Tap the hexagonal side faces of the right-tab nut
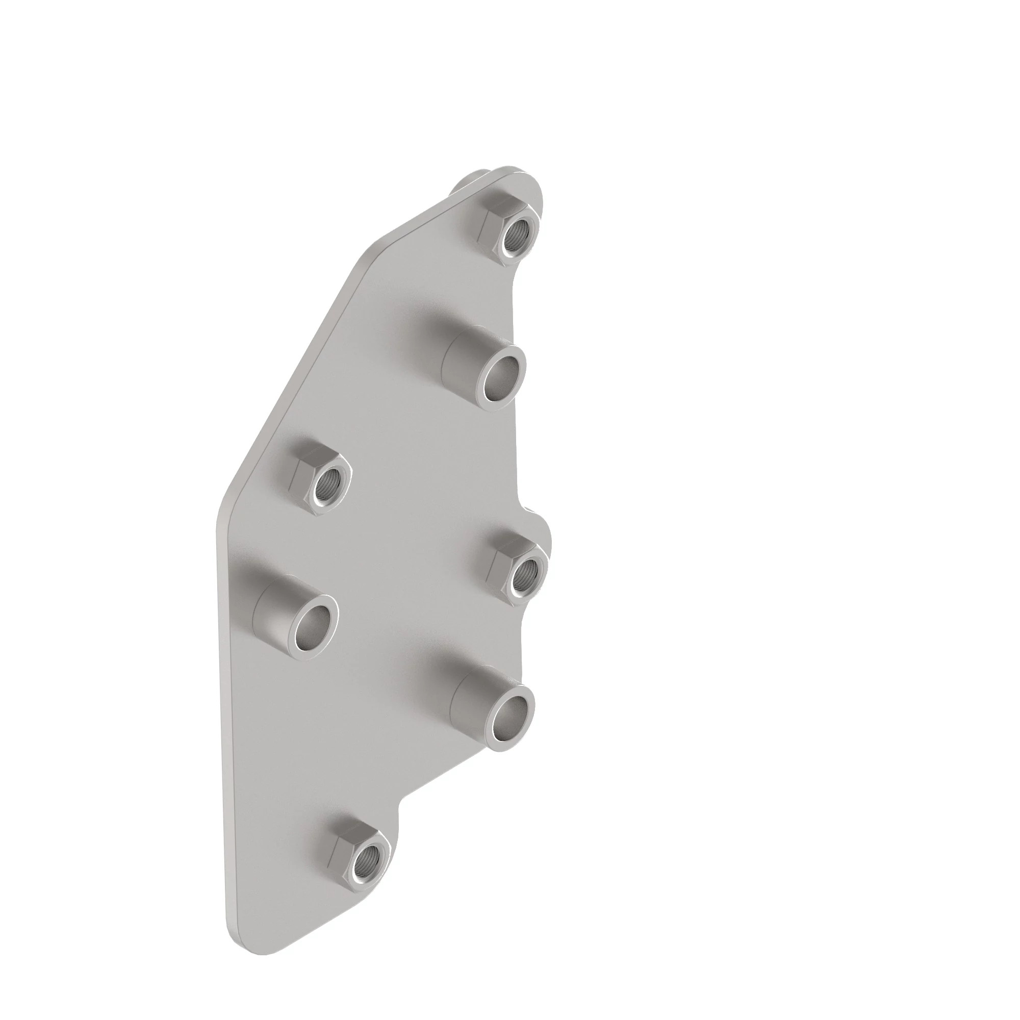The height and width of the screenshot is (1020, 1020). (x=499, y=559)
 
